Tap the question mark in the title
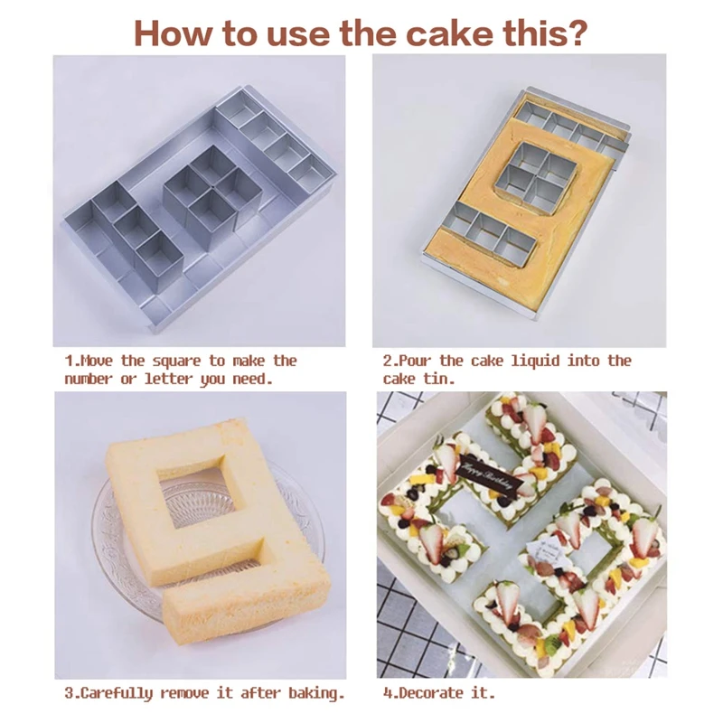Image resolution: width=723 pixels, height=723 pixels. pos(577,33)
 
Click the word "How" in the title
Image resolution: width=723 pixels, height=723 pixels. pos(174,33)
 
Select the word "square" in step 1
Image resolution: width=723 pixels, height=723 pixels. pos(176,361)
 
